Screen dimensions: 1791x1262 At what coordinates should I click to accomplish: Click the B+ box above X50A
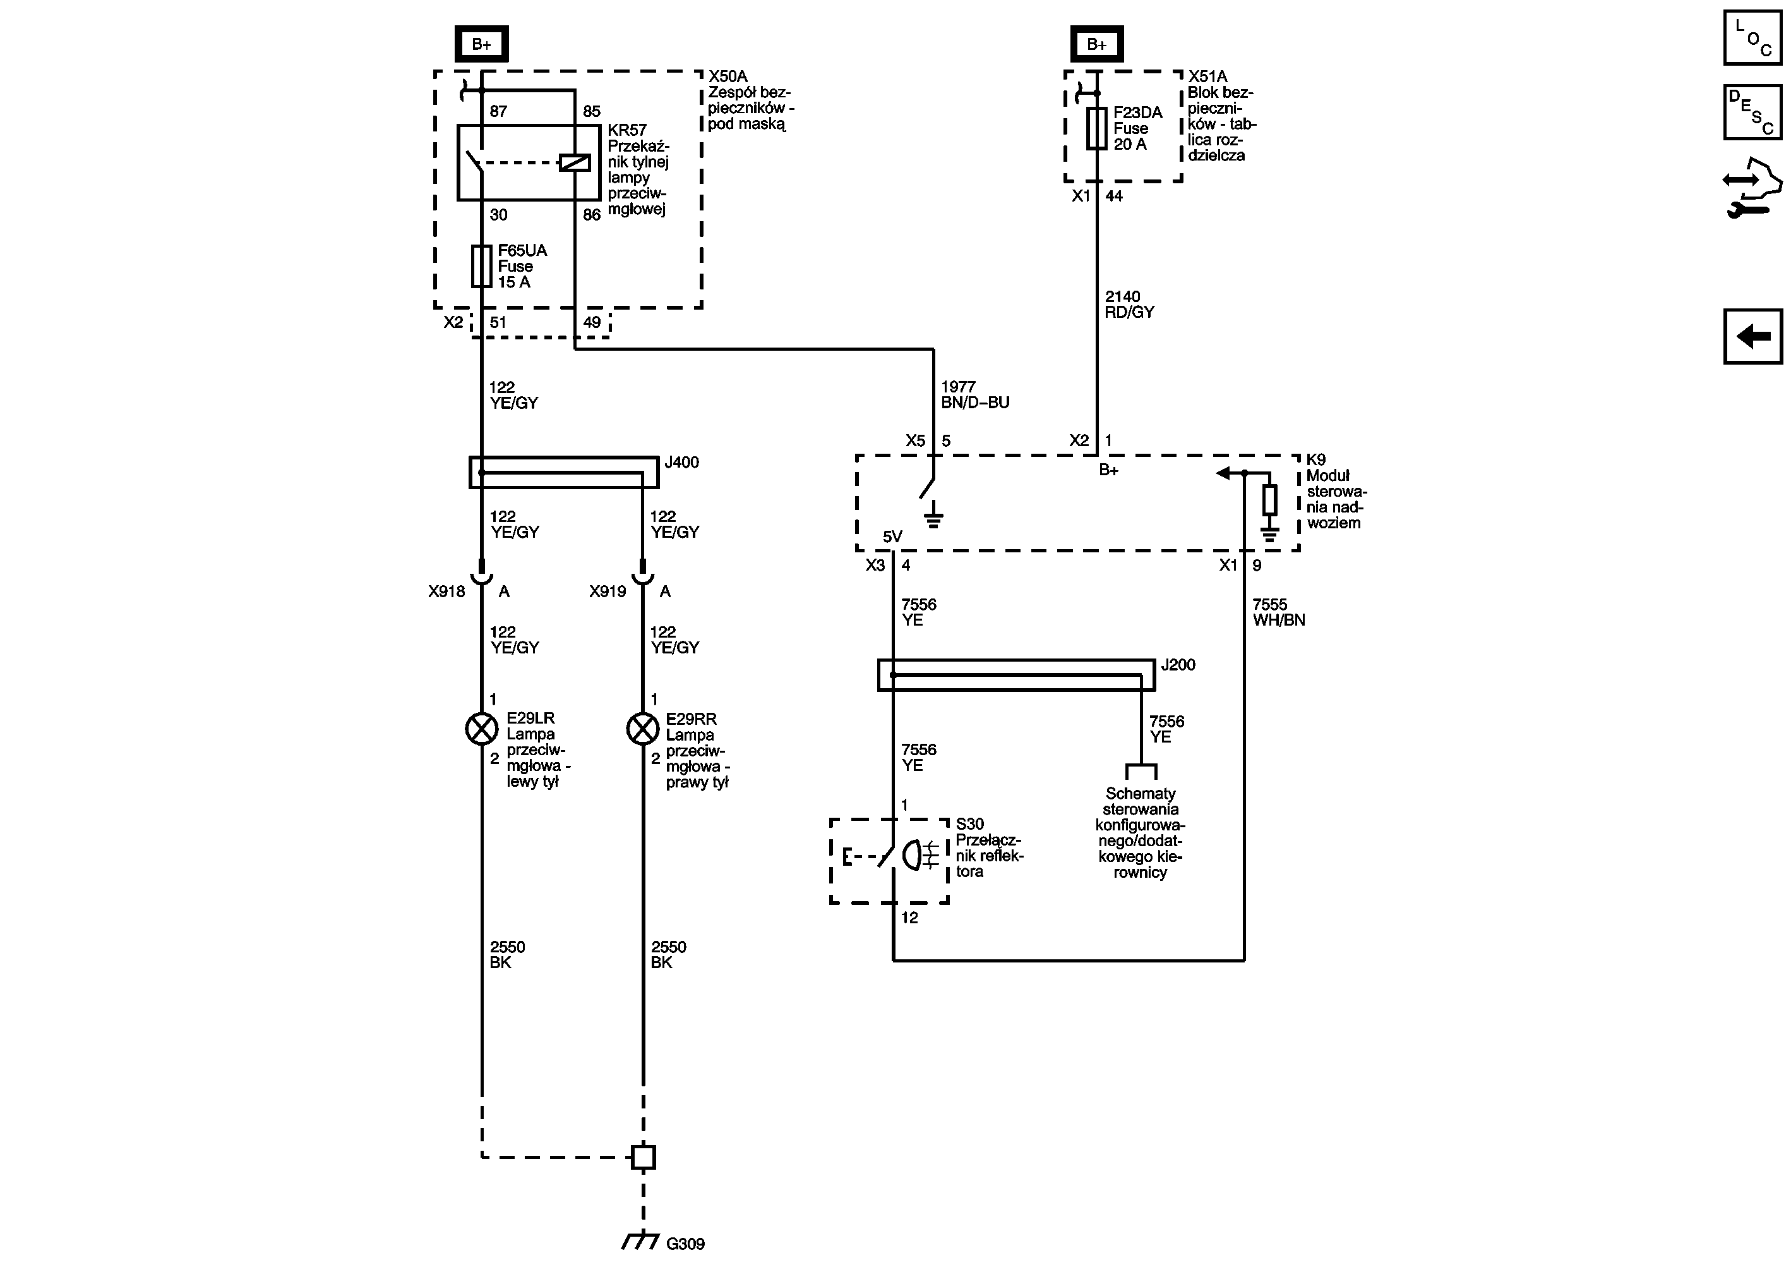pyautogui.click(x=481, y=44)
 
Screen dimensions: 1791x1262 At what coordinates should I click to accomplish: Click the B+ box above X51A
pyautogui.click(x=1097, y=44)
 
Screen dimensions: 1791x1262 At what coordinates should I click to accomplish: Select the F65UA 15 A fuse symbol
pyautogui.click(x=481, y=266)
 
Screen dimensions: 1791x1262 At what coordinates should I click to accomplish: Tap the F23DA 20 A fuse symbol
pyautogui.click(x=1097, y=128)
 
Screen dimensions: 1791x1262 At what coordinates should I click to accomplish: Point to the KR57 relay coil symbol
pyautogui.click(x=575, y=162)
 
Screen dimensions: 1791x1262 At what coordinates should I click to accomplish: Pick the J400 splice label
pyautogui.click(x=682, y=462)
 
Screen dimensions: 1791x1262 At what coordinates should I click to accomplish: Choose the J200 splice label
pyautogui.click(x=1178, y=664)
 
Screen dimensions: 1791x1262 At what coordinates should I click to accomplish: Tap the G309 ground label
pyautogui.click(x=686, y=1243)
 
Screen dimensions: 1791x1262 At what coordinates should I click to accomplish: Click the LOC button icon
pyautogui.click(x=1752, y=37)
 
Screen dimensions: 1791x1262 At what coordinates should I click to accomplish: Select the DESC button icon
pyautogui.click(x=1752, y=112)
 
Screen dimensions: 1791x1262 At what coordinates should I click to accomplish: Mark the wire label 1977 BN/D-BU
pyautogui.click(x=975, y=395)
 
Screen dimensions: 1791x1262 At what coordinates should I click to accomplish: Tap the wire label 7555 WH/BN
pyautogui.click(x=1278, y=612)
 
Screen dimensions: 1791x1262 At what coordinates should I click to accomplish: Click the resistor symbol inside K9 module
pyautogui.click(x=1270, y=499)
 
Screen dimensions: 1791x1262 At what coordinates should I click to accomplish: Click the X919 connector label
pyautogui.click(x=608, y=592)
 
